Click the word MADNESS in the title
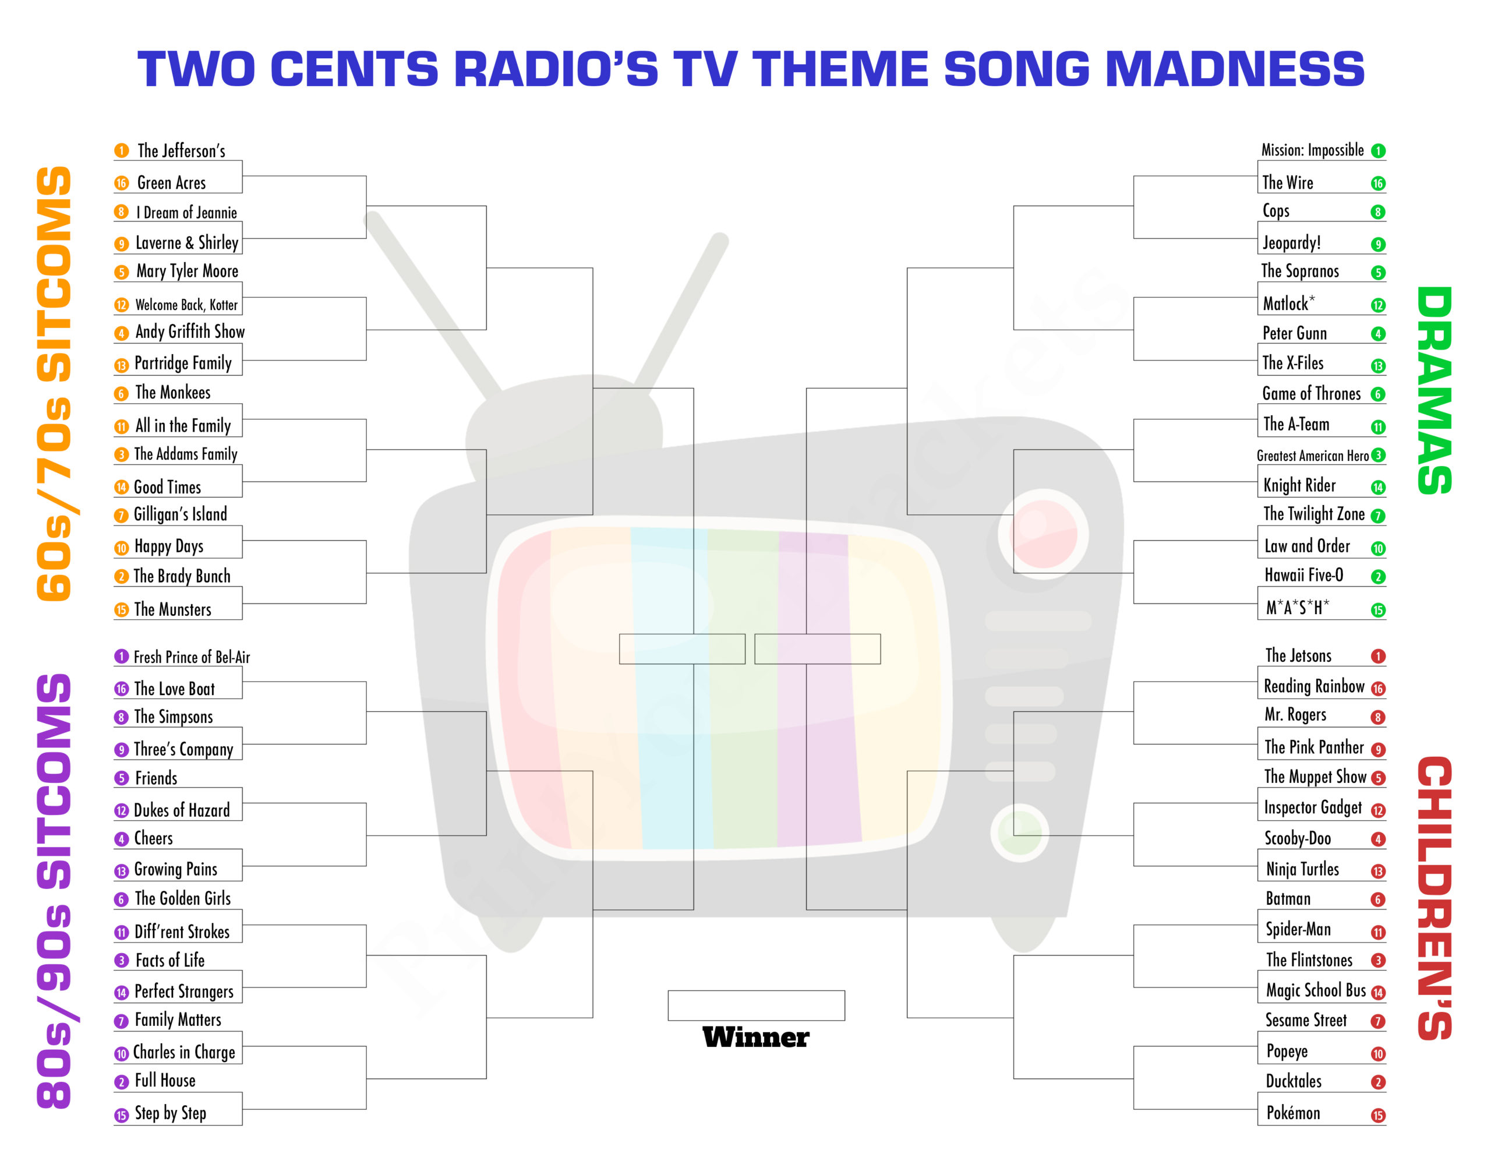[1234, 69]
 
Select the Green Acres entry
[171, 183]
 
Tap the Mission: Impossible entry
[1312, 150]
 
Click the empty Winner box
[756, 1005]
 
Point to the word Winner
[756, 1037]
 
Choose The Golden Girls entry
[183, 898]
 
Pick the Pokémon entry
[1293, 1113]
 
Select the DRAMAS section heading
[1435, 390]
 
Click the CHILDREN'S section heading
[1435, 898]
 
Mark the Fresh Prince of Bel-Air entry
[192, 657]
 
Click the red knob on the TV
[1043, 534]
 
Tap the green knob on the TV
[1020, 833]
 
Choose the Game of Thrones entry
[1311, 394]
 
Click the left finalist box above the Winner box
[682, 648]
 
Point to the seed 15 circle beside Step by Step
[122, 1116]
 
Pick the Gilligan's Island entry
[180, 515]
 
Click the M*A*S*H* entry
[1297, 608]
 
